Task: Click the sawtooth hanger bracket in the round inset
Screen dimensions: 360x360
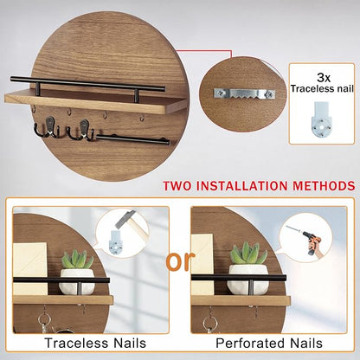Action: point(244,93)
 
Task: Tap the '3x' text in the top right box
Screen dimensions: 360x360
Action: point(324,77)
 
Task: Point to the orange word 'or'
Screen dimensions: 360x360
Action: point(179,261)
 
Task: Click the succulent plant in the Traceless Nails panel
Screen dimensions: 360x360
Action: point(77,259)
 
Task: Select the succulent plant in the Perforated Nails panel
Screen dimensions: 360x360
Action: point(247,254)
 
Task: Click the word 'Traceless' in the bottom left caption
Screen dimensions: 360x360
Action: point(76,343)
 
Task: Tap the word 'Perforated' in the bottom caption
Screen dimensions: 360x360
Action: point(249,344)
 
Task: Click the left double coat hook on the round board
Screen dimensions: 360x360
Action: point(48,127)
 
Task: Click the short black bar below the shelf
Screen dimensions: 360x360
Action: point(132,139)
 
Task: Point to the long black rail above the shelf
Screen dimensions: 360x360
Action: point(87,84)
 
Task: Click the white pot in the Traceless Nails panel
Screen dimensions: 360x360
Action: point(77,281)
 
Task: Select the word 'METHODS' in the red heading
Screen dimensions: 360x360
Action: point(324,185)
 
